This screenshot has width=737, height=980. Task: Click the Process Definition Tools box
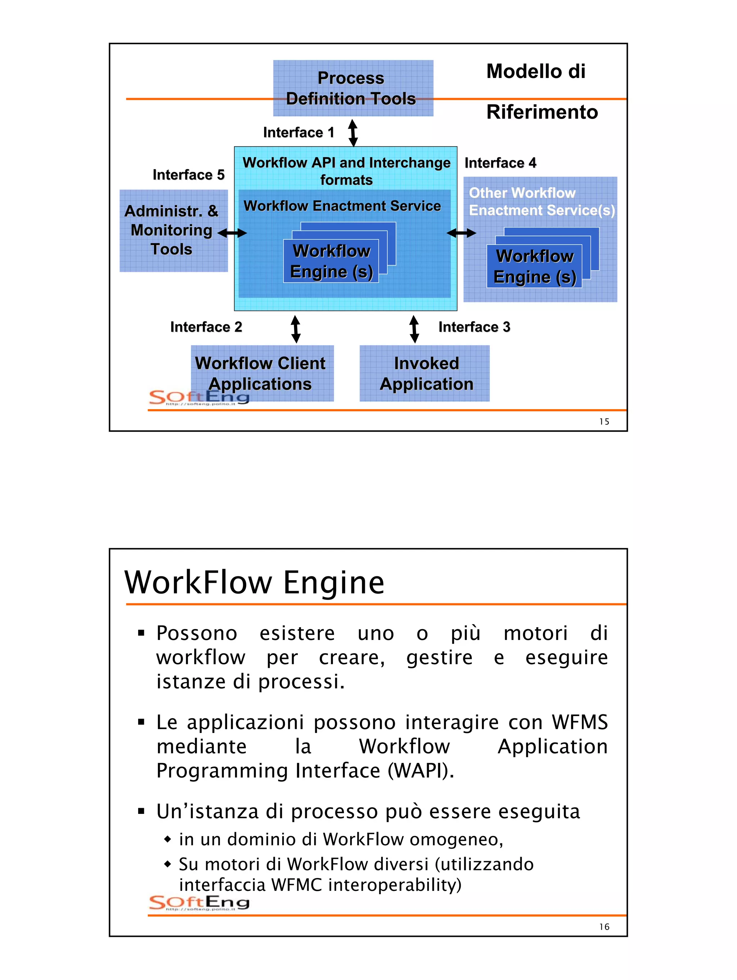tap(353, 88)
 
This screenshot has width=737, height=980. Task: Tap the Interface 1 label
tap(298, 132)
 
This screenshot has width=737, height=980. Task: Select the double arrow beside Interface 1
tap(353, 132)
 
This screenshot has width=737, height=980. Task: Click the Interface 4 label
tap(500, 163)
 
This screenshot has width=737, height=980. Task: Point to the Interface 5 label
tap(189, 175)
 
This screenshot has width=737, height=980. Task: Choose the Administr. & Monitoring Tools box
tap(173, 230)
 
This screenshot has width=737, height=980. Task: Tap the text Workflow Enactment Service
tap(342, 206)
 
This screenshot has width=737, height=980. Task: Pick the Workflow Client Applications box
tap(262, 374)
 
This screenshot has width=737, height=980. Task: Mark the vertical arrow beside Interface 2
tap(296, 329)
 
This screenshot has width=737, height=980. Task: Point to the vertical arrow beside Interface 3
tap(414, 329)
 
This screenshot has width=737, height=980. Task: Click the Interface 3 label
tap(474, 327)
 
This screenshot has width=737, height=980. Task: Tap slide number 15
tap(604, 422)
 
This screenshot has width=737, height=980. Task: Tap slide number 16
tap(604, 927)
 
